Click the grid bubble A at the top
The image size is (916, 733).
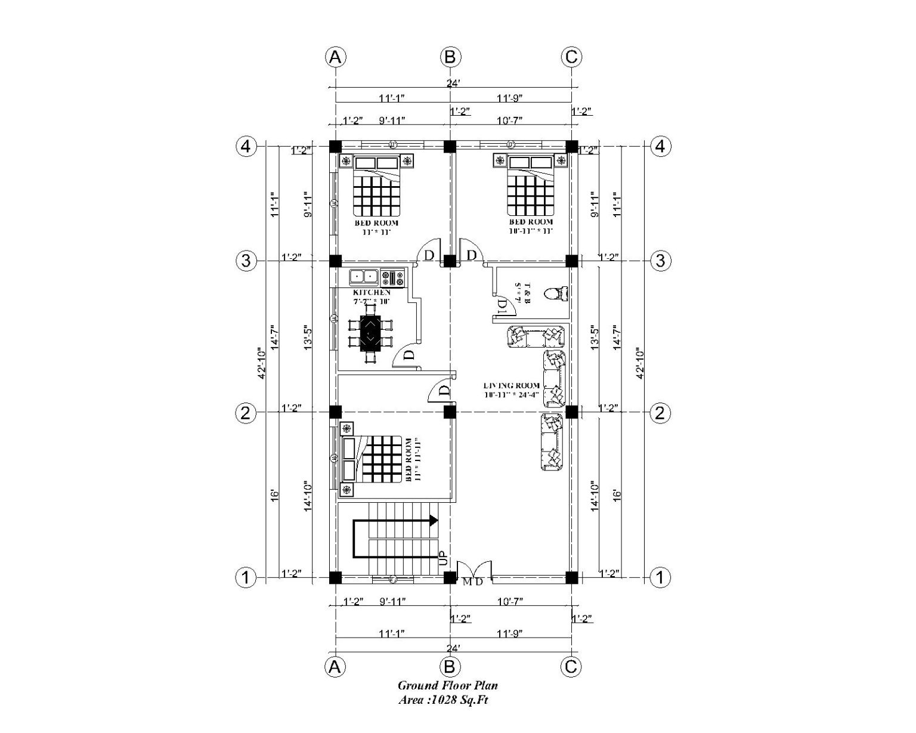click(x=336, y=57)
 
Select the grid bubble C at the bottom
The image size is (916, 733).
click(x=571, y=666)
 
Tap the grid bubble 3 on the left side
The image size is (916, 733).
click(x=246, y=261)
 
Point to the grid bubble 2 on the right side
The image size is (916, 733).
click(x=660, y=413)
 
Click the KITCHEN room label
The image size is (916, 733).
click(x=372, y=292)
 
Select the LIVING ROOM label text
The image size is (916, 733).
click(x=512, y=386)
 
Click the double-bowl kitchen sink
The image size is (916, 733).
click(x=364, y=277)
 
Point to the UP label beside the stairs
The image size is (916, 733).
click(x=442, y=558)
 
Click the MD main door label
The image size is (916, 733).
click(x=472, y=582)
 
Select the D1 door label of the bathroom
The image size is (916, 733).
click(x=502, y=307)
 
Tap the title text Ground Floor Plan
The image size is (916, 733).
click(x=448, y=686)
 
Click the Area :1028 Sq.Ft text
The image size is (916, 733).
click(x=443, y=701)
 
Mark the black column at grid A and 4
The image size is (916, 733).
click(x=336, y=146)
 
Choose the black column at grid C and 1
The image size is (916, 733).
click(x=571, y=577)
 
